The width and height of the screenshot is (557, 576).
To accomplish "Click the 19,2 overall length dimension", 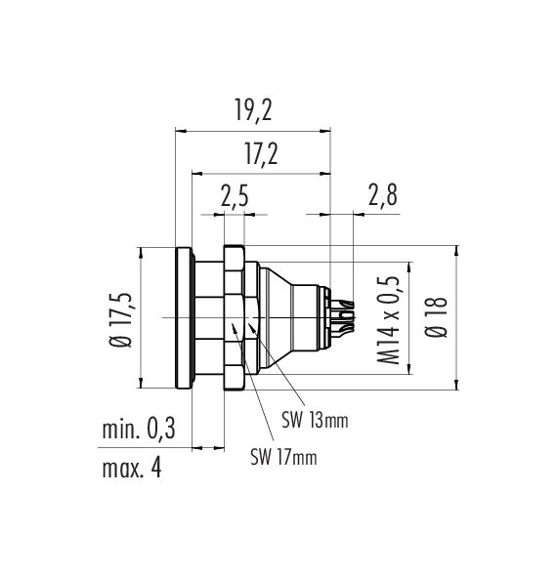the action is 253,110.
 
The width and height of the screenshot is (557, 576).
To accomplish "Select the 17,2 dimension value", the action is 261,155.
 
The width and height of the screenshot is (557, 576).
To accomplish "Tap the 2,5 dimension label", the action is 235,196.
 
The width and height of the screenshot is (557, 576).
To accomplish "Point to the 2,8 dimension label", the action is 383,195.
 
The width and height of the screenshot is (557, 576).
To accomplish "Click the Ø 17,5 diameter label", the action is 121,319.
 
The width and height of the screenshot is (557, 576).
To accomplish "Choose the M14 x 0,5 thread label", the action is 388,319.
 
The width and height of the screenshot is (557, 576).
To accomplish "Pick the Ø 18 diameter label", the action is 437,316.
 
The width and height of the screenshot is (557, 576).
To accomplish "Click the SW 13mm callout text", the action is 315,420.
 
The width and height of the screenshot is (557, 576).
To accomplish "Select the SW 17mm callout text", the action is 283,457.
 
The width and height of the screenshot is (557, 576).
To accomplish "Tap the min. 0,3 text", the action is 139,429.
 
